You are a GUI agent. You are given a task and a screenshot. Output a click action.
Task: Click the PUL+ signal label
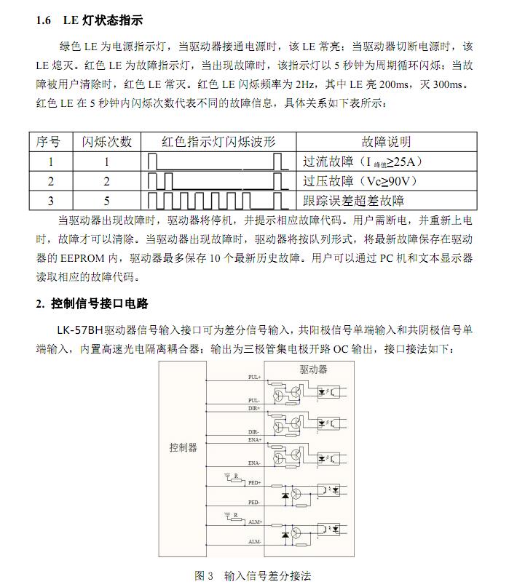254,378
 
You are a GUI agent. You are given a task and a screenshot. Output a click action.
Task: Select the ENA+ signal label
254,441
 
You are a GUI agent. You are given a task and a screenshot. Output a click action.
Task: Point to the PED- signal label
254,503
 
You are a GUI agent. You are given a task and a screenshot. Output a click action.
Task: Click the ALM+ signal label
254,523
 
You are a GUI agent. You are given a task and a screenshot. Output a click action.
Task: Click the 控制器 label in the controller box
184,449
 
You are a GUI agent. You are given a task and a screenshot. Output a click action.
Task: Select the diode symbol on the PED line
285,495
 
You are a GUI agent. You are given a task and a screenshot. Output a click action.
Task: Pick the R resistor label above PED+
236,476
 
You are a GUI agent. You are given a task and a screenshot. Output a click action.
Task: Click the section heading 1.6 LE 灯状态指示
90,21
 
